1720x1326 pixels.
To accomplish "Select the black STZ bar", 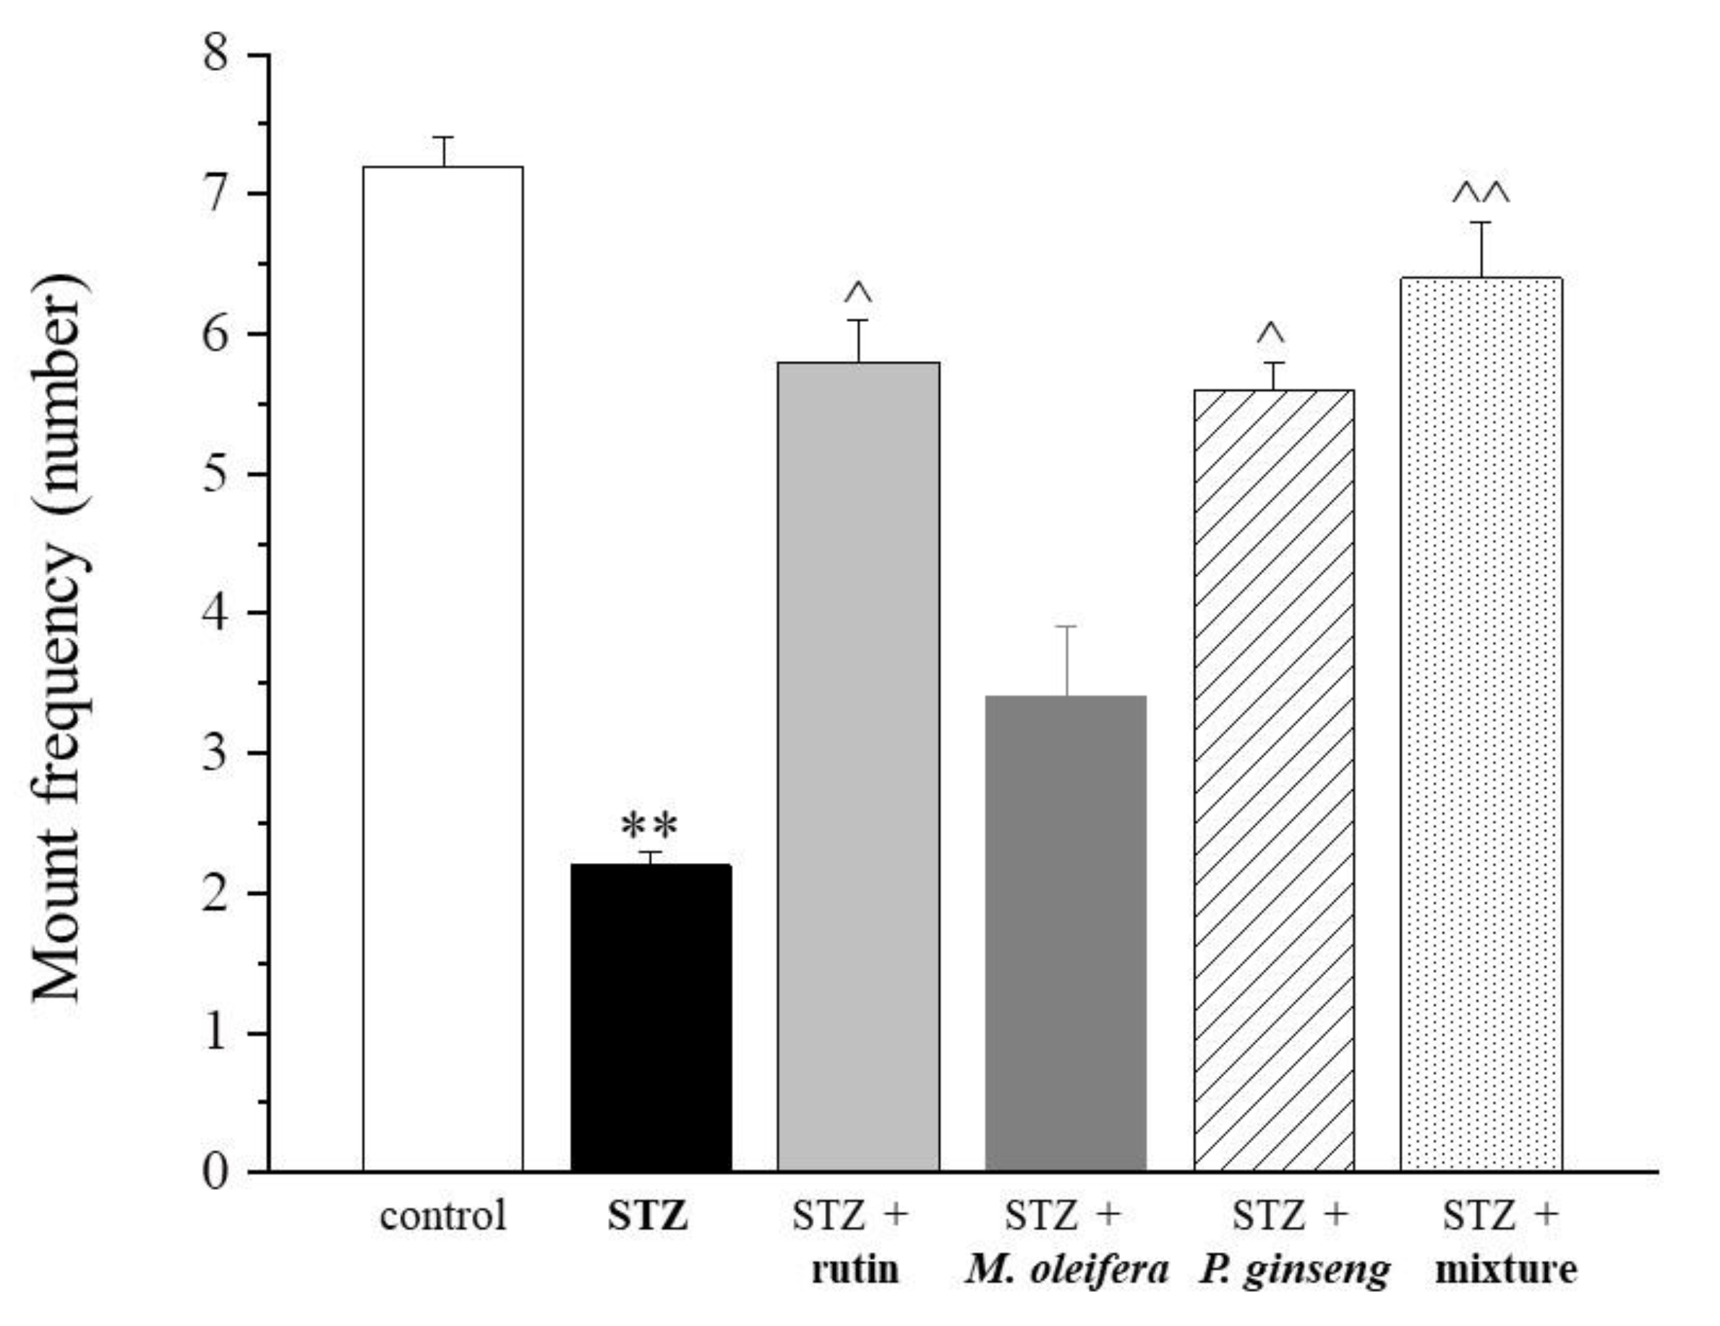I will pos(651,1017).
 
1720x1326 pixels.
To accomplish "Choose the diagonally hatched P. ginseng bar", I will pos(1273,780).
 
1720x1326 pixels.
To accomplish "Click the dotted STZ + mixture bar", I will pos(1481,724).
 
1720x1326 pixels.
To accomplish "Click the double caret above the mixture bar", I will pos(1481,193).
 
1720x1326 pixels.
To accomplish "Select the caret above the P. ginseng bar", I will pos(1271,335).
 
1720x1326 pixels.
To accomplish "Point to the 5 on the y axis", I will pos(215,474).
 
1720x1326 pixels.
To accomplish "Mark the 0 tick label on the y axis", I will pos(215,1172).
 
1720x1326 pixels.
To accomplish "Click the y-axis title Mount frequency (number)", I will pos(59,638).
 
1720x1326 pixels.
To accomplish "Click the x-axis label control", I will pos(442,1216).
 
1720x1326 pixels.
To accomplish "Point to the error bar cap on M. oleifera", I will pos(1066,626).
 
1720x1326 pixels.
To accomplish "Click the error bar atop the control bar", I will pos(443,150).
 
